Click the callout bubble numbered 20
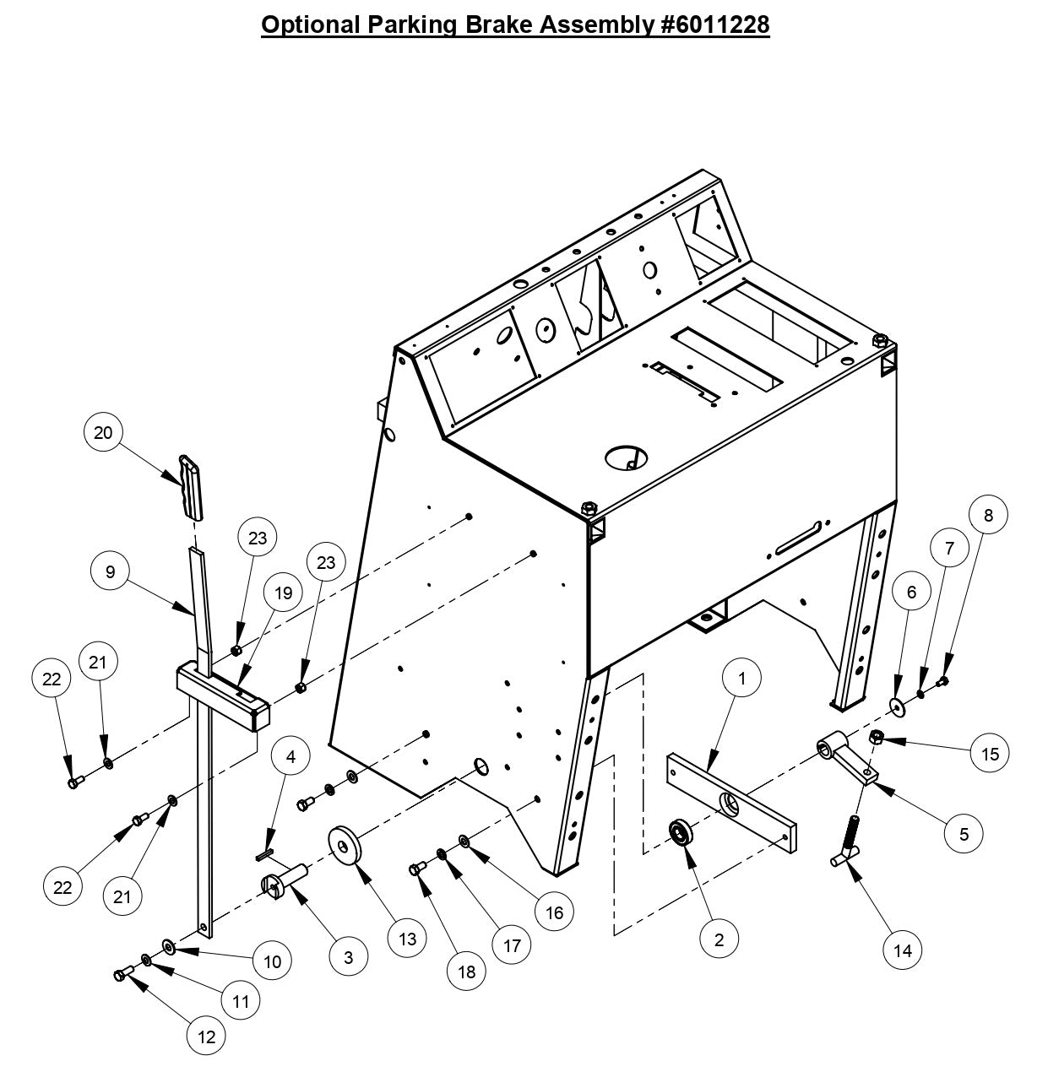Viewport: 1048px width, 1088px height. [103, 432]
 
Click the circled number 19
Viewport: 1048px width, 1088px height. [283, 593]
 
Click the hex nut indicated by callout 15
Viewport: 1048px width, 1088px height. [877, 739]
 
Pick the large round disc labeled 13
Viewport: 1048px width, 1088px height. [345, 847]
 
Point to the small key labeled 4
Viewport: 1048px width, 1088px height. [264, 855]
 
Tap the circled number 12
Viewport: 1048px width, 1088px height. [207, 1037]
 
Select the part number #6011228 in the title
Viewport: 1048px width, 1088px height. [713, 25]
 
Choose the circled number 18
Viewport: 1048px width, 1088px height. [467, 972]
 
